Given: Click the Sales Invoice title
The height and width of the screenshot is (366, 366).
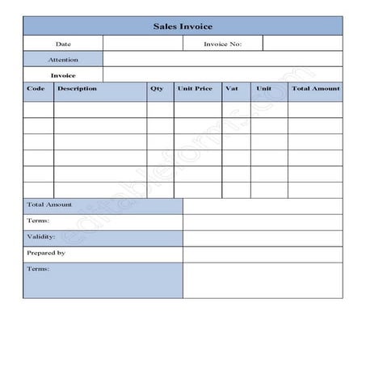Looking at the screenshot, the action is pos(183,26).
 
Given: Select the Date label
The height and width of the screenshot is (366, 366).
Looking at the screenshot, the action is pos(63,44).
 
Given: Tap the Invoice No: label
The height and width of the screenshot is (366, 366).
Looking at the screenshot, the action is pos(222,44).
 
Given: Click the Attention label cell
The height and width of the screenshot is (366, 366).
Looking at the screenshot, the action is pos(63,59).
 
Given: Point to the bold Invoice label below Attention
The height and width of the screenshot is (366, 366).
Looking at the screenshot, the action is pos(63,75).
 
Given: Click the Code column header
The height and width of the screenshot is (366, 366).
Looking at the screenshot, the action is pos(36,89).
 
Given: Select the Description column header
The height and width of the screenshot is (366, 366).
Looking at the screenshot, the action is pos(78,89).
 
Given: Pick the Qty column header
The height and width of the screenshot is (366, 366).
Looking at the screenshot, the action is pos(157,89).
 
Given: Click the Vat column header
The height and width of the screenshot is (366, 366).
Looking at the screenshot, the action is pos(233,89).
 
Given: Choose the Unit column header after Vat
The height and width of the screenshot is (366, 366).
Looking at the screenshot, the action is pos(264,89).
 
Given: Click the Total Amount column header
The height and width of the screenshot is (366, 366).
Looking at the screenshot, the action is pos(315,89).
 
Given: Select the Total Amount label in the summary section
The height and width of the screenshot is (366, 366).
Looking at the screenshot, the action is pos(49,205).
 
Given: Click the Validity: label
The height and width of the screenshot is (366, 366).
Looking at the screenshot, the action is pos(41,238).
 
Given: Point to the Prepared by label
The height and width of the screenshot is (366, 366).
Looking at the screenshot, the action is pos(46,253).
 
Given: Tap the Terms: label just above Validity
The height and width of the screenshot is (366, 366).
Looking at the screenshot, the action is pos(38,221).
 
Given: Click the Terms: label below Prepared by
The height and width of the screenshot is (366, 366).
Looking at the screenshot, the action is pos(38,268).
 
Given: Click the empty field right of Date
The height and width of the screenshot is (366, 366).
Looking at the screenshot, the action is pos(142,44).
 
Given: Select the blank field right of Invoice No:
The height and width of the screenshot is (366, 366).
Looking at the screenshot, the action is pos(303,44).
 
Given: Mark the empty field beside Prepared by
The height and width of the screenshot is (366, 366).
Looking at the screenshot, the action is pos(263,254).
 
